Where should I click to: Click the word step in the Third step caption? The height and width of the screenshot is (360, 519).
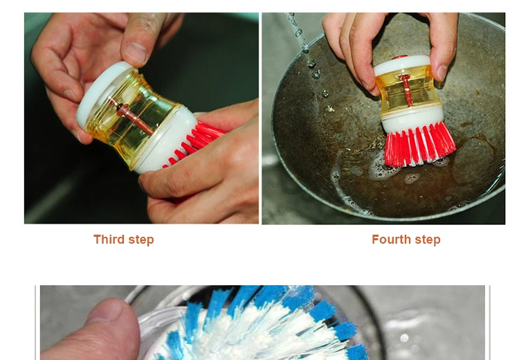(x=141, y=240)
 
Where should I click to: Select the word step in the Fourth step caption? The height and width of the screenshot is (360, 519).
(x=428, y=240)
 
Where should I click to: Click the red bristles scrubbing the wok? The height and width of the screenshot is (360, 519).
(x=420, y=145)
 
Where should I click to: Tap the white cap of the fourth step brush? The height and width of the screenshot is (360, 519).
(x=402, y=65)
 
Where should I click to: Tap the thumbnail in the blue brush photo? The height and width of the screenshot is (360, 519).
(x=108, y=309)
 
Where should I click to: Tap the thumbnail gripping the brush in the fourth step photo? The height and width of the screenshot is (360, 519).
(x=443, y=72)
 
